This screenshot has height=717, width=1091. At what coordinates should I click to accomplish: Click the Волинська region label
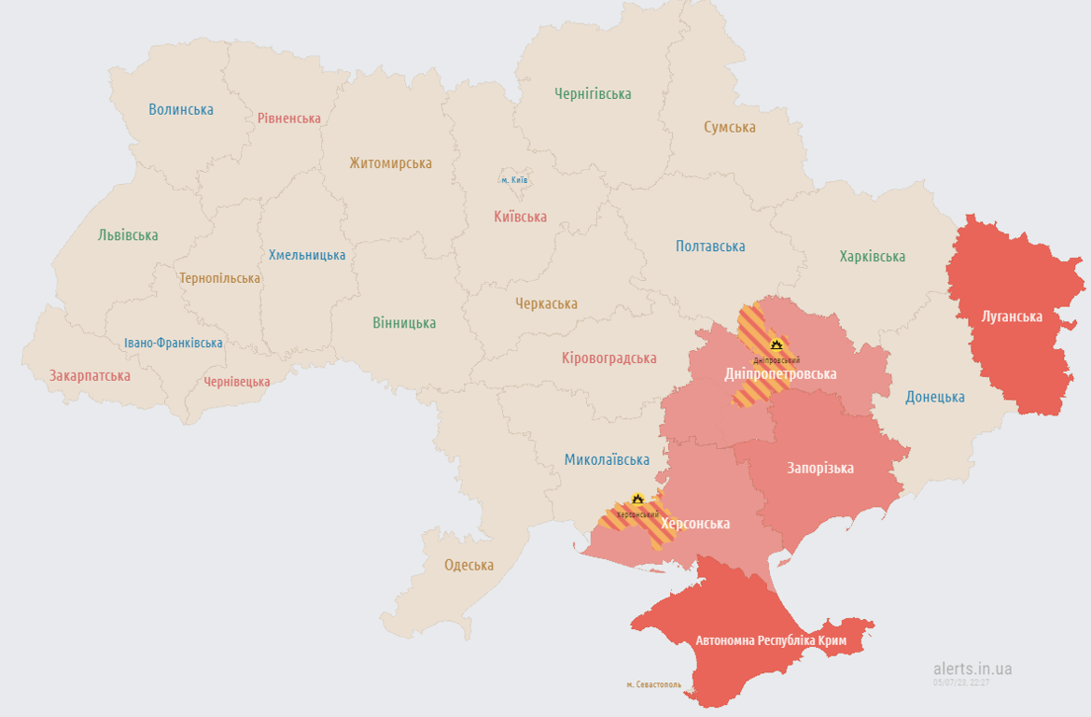(181, 109)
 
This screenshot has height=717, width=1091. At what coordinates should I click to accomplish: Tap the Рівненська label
(289, 119)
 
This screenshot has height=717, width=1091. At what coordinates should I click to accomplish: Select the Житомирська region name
(390, 163)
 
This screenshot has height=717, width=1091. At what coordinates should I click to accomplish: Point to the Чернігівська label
(593, 94)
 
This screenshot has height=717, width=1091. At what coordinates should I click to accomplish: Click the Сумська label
(730, 127)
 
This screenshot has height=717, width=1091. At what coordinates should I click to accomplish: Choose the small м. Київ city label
(514, 180)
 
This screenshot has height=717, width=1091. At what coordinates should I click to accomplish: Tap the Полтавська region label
(710, 246)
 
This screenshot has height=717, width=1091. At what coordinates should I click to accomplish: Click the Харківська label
(872, 257)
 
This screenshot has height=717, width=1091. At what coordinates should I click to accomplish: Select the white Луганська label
(1012, 316)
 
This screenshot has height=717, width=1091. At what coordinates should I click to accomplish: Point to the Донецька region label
(935, 397)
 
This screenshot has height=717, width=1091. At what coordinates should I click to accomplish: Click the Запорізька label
(820, 468)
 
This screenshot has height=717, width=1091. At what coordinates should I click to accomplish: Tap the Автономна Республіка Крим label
(771, 641)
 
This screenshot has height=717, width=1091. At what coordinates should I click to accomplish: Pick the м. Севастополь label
(653, 684)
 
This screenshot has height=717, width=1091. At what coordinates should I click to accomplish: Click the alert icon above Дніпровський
(775, 345)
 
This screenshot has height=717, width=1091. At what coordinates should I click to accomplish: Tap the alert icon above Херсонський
(637, 499)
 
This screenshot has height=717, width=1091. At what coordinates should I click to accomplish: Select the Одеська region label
(469, 565)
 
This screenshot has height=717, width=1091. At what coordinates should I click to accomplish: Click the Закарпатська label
(90, 376)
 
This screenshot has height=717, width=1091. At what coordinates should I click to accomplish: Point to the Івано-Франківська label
(174, 343)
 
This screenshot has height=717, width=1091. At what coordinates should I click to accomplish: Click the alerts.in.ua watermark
(972, 668)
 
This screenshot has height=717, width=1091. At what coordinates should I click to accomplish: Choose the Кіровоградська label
(608, 358)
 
